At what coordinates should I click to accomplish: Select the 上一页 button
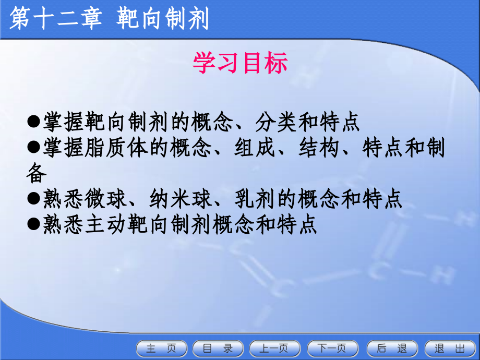(275, 348)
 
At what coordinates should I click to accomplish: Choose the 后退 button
(391, 348)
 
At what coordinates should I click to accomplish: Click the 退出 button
(449, 348)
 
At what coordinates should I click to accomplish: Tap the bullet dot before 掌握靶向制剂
(34, 122)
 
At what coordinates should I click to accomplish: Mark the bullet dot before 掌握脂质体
(34, 148)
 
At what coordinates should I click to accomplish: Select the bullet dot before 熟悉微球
(34, 199)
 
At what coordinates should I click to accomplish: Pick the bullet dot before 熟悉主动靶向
(34, 225)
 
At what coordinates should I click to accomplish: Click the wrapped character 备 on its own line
(37, 173)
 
